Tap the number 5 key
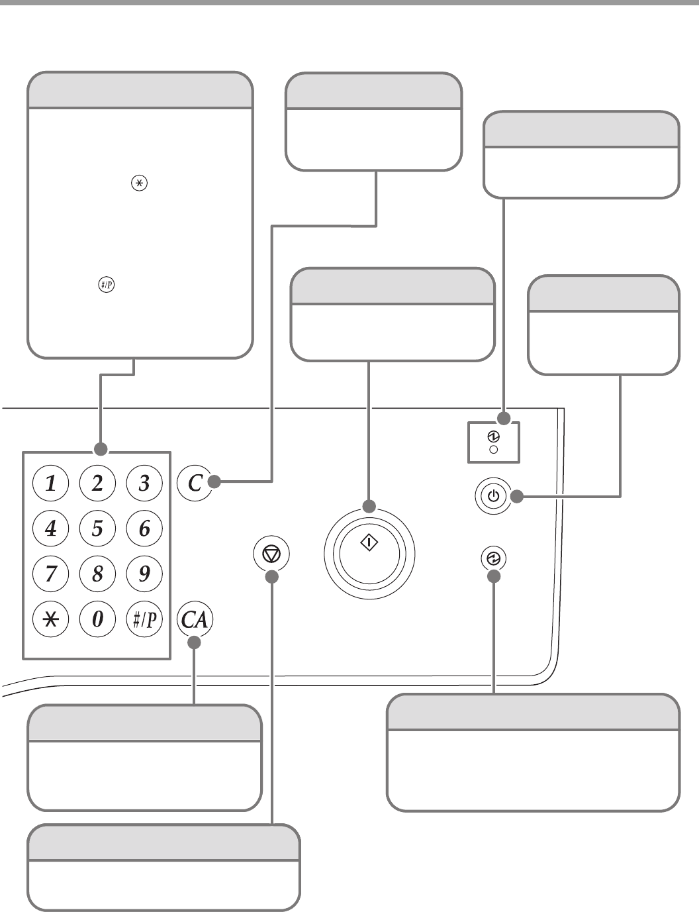97,529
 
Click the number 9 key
144,574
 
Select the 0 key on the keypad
97,619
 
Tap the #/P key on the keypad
144,619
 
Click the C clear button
195,483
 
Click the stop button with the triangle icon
271,554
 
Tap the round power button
493,495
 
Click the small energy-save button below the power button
493,559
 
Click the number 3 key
144,483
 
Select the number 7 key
51,574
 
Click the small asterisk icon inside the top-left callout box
139,184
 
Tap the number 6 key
144,529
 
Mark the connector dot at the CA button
194,642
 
